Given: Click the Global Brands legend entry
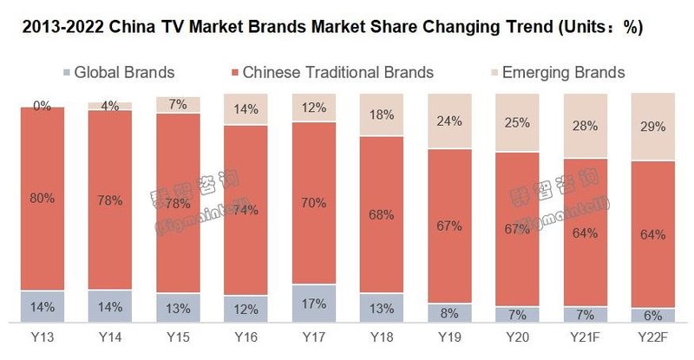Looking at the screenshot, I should tap(118, 72).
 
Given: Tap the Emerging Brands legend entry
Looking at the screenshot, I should tap(555, 72).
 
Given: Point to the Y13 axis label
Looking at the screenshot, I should tap(41, 337).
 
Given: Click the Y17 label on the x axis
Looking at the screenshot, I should tap(313, 337).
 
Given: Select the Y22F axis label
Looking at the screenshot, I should tap(653, 337).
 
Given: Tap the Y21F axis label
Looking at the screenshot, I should tap(585, 337).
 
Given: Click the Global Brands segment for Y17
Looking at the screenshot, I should tap(313, 304).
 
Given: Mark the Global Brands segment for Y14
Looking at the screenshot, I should tap(109, 305).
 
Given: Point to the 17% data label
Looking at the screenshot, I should tap(313, 304).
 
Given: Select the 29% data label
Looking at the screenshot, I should tap(653, 127).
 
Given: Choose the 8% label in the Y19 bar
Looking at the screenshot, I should tap(449, 313).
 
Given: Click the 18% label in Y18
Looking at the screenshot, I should tap(382, 115).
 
